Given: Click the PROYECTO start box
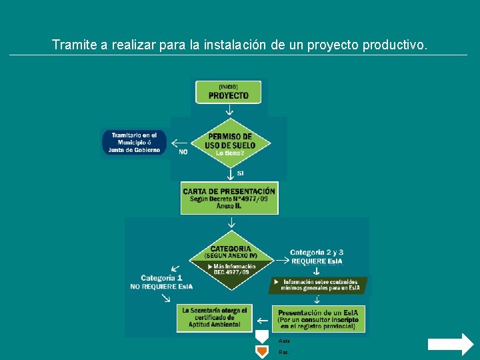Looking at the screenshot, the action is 228,92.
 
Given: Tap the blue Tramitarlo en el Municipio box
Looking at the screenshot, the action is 135,143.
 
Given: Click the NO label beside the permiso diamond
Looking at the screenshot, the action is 183,152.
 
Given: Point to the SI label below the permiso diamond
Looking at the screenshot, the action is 240,173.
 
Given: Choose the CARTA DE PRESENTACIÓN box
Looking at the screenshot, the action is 229,199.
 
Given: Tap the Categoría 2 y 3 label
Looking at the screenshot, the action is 317,256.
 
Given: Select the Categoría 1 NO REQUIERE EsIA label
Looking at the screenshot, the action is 161,282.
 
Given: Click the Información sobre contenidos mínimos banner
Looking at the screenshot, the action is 319,285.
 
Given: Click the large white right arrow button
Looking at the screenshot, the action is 450,345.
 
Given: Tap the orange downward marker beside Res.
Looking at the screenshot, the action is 263,351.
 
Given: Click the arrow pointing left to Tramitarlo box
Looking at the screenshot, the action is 179,143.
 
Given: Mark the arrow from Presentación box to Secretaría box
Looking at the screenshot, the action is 263,321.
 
